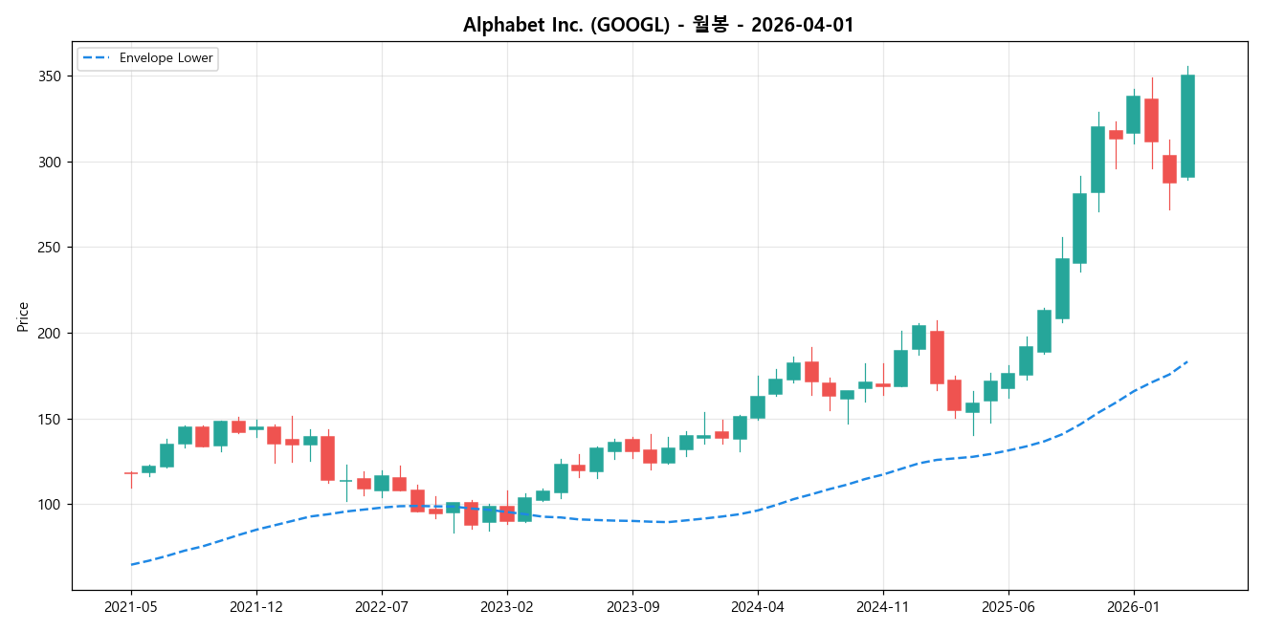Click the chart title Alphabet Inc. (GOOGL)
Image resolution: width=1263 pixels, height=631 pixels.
pos(658,25)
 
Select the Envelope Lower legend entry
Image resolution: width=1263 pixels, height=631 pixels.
pos(160,58)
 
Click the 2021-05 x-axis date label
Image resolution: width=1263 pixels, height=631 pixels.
pos(131,606)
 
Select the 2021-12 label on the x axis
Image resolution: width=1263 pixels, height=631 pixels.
pos(256,606)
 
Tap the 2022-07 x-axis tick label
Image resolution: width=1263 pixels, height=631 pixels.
pos(382,606)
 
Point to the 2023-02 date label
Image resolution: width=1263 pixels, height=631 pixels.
pos(507,606)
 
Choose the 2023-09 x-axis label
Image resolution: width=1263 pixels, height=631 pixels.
pos(632,606)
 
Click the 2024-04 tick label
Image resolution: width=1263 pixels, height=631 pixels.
pos(758,606)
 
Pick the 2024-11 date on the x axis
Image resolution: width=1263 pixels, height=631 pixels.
pos(882,606)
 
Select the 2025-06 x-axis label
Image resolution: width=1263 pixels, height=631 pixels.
pos(1009,606)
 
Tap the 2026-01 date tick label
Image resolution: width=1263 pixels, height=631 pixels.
pos(1134,606)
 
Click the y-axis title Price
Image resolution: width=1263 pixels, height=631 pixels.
pos(23,316)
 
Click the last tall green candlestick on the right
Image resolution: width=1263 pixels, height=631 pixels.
pos(1187,126)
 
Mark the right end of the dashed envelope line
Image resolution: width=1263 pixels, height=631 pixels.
pos(1187,361)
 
